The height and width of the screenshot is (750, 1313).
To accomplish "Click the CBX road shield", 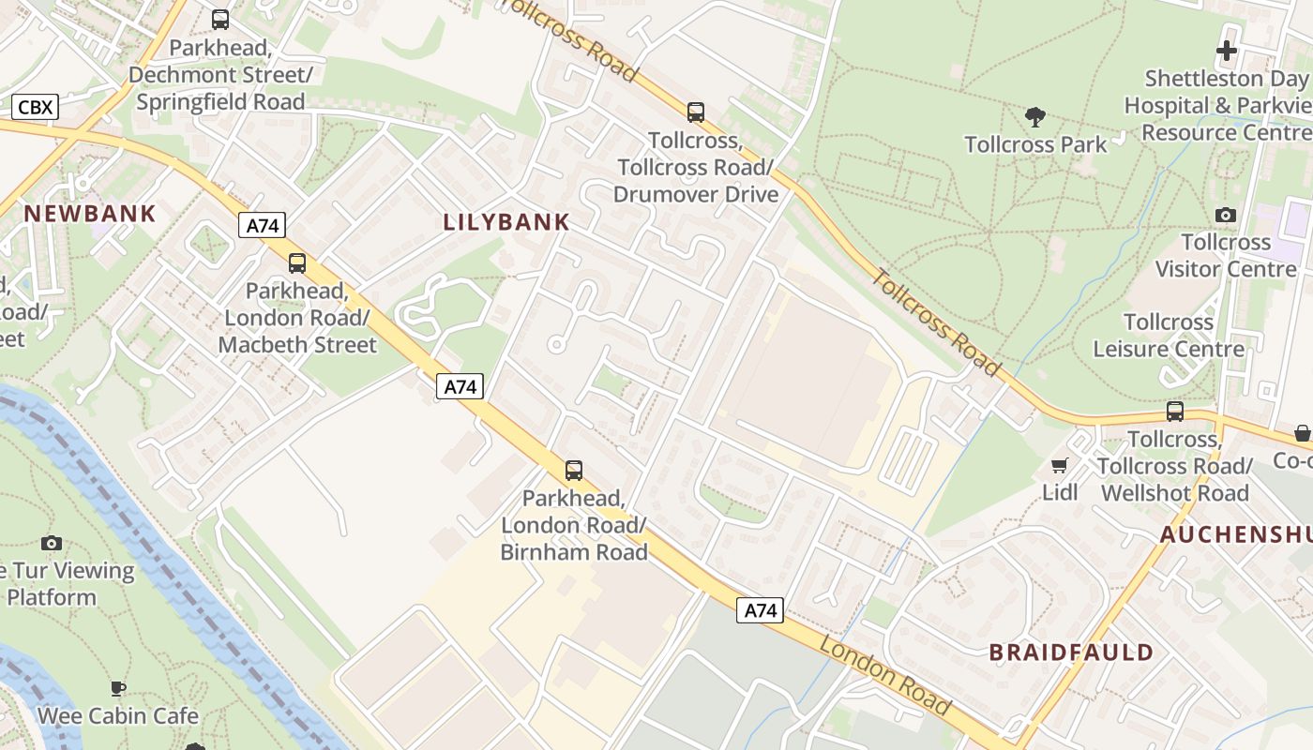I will (36, 107).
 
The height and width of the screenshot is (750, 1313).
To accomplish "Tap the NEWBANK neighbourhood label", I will (90, 214).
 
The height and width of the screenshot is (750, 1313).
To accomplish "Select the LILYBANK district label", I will (506, 222).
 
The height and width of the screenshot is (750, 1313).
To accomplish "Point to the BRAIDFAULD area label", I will (1071, 652).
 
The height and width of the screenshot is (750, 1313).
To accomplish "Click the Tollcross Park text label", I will (1035, 144).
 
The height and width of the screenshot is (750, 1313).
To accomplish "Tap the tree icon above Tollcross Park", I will (1035, 117).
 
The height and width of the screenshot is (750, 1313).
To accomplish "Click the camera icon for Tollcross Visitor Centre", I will (1225, 216).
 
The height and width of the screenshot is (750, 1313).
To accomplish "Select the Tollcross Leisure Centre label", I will (1169, 336).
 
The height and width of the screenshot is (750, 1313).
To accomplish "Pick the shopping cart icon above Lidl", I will (1060, 465).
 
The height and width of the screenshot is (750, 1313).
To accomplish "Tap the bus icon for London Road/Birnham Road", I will (574, 471).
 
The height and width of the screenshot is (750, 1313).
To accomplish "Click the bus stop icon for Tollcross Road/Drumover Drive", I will (695, 112).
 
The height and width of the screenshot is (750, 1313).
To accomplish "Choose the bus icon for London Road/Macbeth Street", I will (297, 263).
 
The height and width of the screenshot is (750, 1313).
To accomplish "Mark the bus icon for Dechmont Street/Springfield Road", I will (220, 20).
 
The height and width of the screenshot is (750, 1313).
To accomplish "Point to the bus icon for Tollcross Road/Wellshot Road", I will (1174, 412).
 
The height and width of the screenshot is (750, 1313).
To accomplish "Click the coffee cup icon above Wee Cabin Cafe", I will (118, 689).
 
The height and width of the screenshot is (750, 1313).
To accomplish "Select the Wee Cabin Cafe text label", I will (118, 716).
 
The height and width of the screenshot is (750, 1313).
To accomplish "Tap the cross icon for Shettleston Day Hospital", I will (1226, 51).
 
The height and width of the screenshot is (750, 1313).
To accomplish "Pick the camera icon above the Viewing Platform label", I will (52, 543).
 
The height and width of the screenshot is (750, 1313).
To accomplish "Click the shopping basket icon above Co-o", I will (1302, 433).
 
